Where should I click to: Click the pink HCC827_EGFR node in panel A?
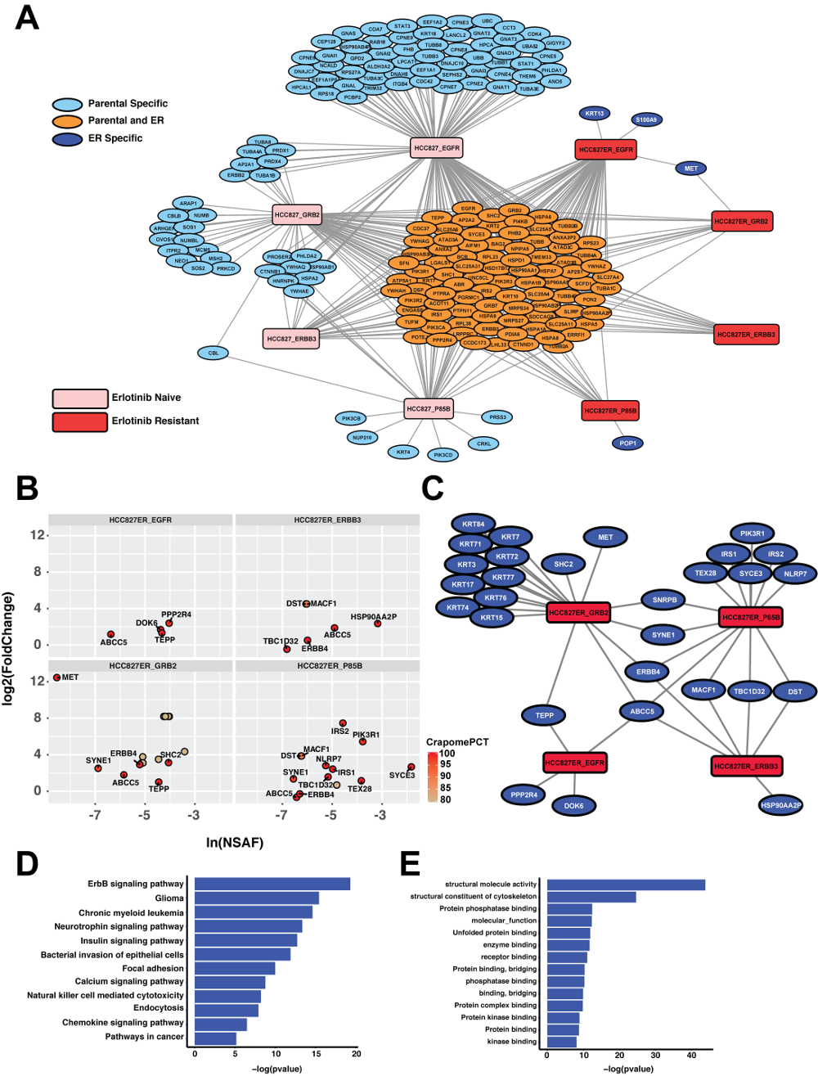[x=437, y=148]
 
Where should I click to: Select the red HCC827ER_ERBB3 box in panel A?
[x=745, y=334]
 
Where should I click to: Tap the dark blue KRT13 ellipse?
[x=595, y=114]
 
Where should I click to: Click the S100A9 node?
[x=646, y=119]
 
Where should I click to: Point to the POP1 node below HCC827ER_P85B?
[x=628, y=443]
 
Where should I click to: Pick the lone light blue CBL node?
[x=213, y=353]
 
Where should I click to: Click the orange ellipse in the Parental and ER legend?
[x=68, y=121]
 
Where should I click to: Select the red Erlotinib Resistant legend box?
[x=80, y=421]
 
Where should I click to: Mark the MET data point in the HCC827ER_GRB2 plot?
[x=57, y=678]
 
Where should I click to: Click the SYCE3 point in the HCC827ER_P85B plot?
[x=411, y=767]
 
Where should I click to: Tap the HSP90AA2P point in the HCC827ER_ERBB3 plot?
[x=378, y=624]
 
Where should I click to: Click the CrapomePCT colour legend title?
[x=456, y=742]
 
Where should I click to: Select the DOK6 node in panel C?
[x=573, y=805]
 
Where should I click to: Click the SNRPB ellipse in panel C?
[x=664, y=600]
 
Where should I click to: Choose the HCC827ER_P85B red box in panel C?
[x=750, y=617]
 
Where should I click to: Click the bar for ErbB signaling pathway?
[x=272, y=884]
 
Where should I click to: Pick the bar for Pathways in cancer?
[x=215, y=1038]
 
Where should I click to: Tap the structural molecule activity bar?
[x=626, y=885]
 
